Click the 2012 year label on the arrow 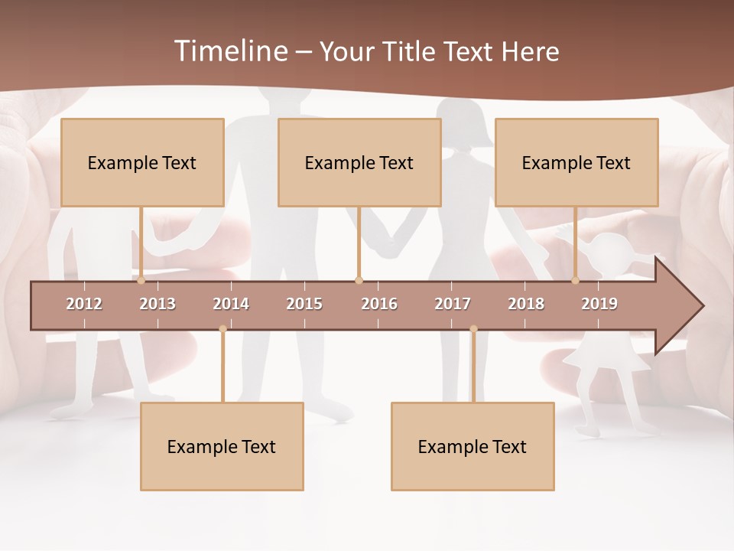click(x=84, y=304)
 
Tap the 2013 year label click(x=158, y=304)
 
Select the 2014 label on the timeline click(x=231, y=304)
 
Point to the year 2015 click(x=304, y=304)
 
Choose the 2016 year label click(x=379, y=304)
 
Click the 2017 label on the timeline click(x=453, y=304)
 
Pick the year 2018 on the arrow click(x=526, y=304)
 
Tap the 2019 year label click(x=599, y=304)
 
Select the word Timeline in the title click(x=229, y=51)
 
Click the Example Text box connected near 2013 click(x=142, y=162)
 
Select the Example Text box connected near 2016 click(x=359, y=162)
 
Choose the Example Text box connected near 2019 click(x=576, y=162)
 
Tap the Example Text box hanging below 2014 click(x=222, y=446)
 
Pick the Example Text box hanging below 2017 click(x=473, y=446)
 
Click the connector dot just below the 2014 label click(x=222, y=329)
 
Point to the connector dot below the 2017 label click(x=473, y=329)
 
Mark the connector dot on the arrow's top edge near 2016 click(x=359, y=281)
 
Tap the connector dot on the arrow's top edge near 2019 click(x=576, y=281)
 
